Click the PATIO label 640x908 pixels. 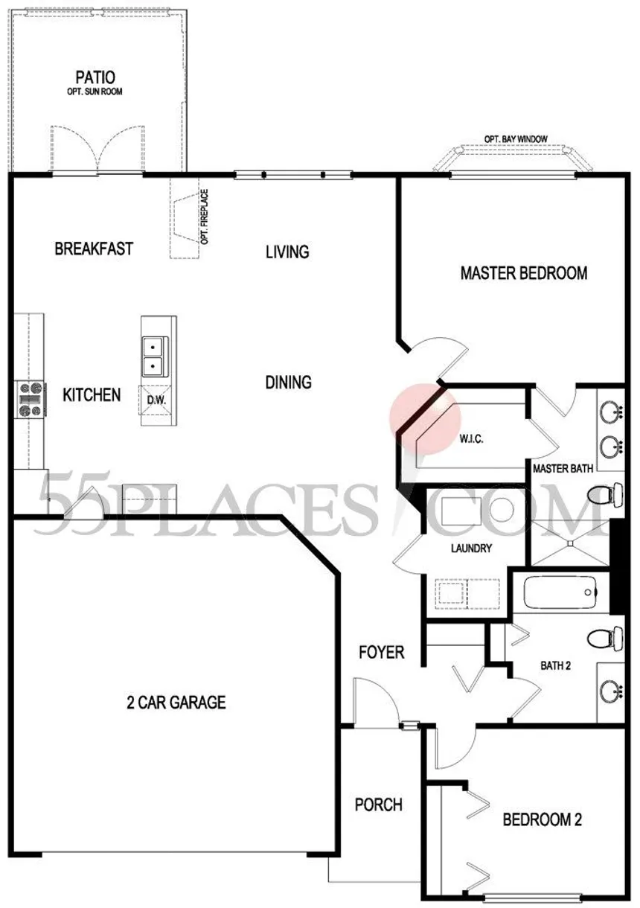point(95,77)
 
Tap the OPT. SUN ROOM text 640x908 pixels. point(95,92)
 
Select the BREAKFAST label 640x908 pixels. point(94,249)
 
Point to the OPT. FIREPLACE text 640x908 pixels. point(205,217)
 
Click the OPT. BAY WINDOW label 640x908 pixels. point(516,139)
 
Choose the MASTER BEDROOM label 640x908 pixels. point(524,273)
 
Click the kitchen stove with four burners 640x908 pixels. point(31,399)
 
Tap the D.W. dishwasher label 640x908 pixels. point(156,400)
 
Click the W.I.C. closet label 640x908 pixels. point(471,438)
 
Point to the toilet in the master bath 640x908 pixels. point(606,494)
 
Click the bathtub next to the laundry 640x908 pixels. point(560,592)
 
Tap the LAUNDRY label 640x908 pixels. point(471,549)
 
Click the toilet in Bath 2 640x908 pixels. point(606,639)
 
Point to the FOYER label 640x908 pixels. point(382,652)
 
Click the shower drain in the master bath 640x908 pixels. point(570,543)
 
